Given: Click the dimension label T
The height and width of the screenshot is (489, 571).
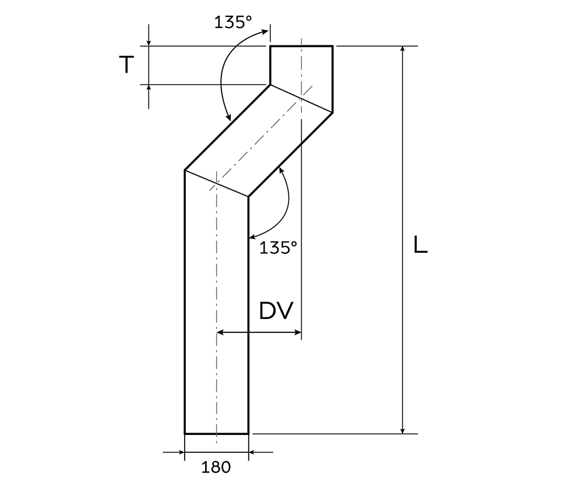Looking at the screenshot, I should (x=126, y=65).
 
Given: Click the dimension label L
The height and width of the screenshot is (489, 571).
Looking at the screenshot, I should (x=420, y=245).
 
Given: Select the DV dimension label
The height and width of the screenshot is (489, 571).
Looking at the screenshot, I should (x=276, y=311).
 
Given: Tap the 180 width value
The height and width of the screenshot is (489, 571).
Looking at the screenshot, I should (x=216, y=466).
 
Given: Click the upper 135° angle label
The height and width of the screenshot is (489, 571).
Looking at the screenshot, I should (x=233, y=22).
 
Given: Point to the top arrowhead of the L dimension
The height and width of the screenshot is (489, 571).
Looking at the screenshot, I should (x=402, y=49).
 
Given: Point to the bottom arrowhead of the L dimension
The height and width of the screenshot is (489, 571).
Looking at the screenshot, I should (x=402, y=430).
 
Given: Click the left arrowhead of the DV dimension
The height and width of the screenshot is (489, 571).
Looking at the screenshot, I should (x=220, y=332).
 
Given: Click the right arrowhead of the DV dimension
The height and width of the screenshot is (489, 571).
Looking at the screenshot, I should (x=298, y=332).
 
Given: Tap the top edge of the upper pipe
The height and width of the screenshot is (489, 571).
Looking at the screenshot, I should (x=301, y=45).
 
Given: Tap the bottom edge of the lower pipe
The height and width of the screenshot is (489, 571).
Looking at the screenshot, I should (x=216, y=434).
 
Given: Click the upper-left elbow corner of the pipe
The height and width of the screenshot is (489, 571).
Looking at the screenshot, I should (x=270, y=85).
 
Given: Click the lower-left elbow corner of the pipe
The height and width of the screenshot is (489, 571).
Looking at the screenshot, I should (x=185, y=170).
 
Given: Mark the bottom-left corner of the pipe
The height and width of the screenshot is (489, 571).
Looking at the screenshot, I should (x=185, y=434).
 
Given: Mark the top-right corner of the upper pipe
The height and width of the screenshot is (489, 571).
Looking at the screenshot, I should (x=333, y=45).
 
